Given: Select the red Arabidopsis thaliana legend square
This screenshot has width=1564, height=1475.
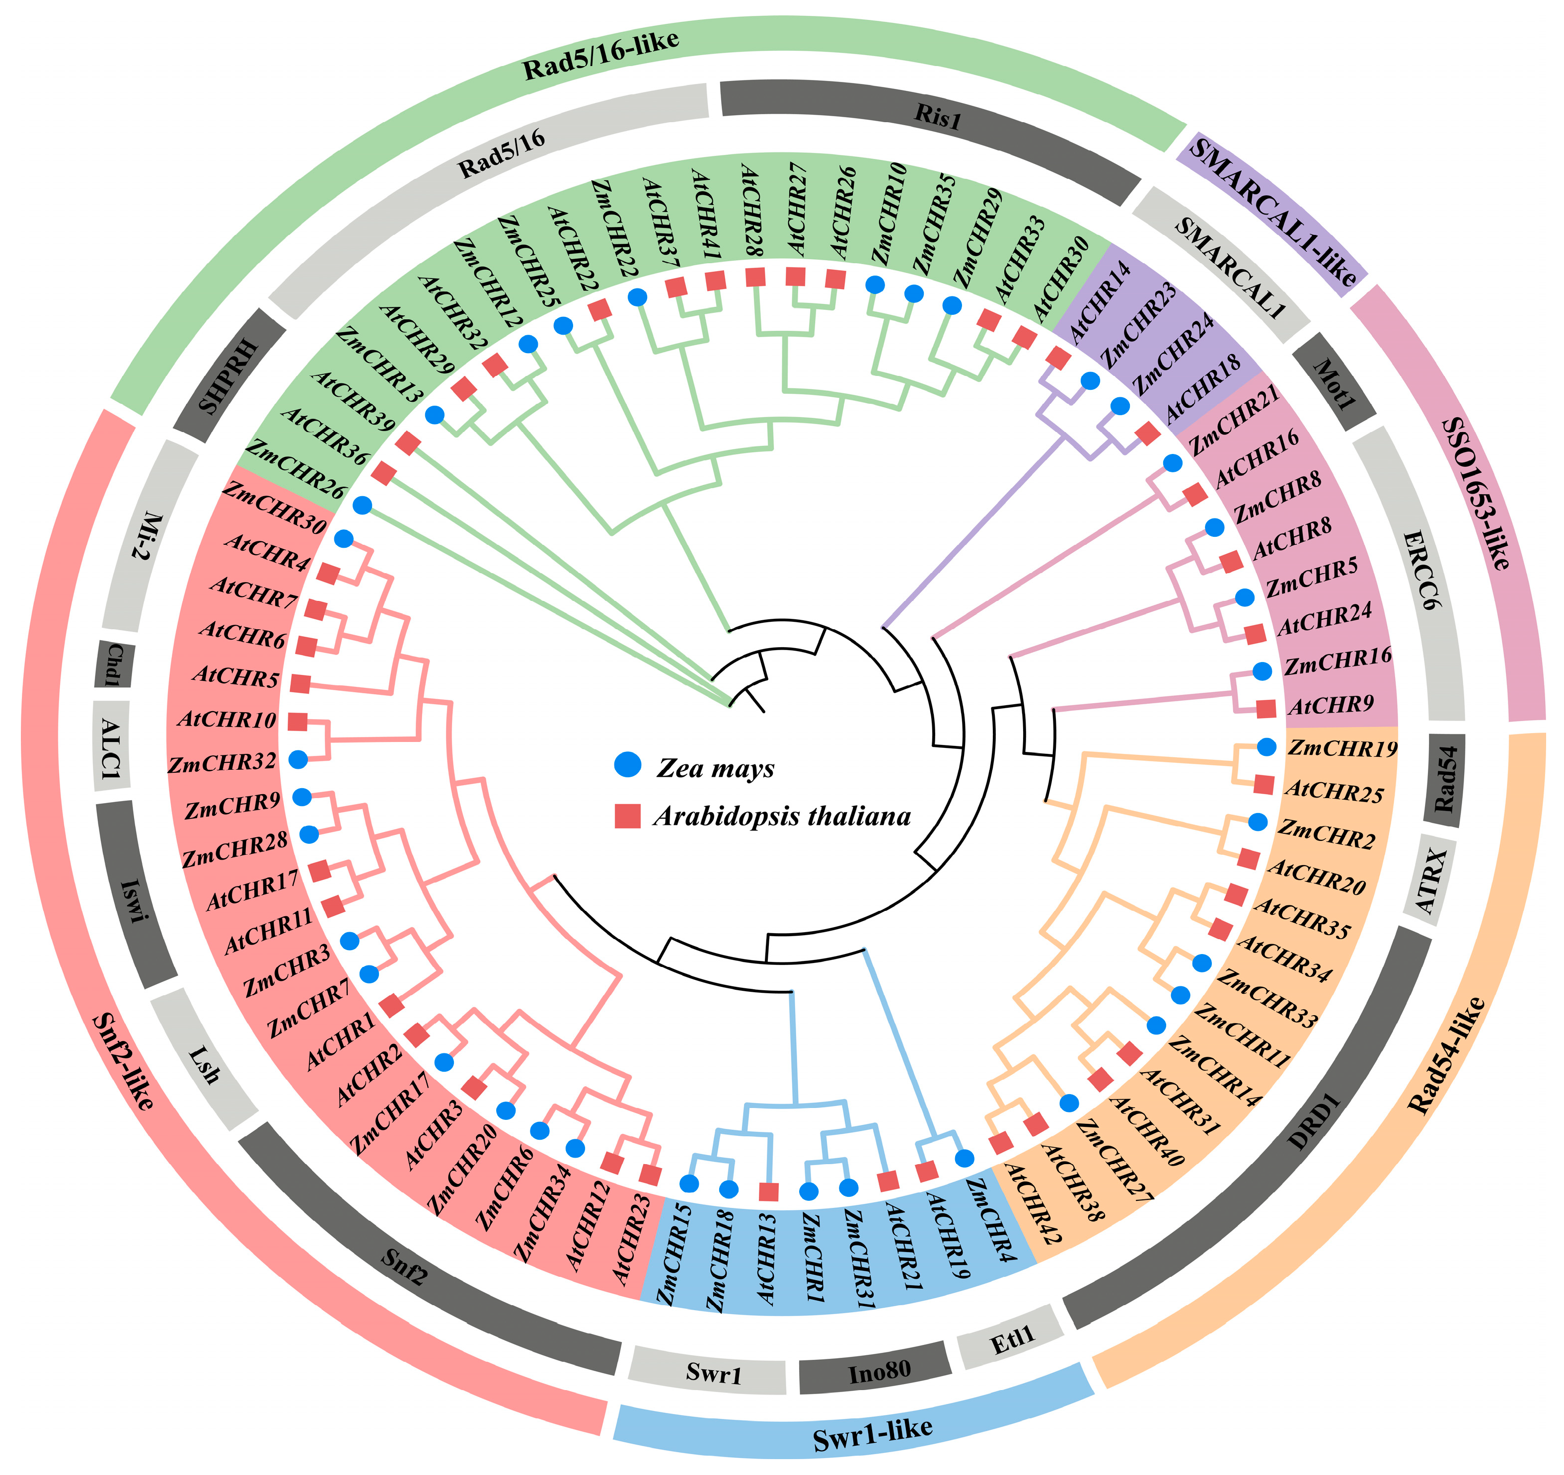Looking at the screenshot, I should (x=627, y=816).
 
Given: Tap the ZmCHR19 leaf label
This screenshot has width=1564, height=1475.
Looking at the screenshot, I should (x=1342, y=748).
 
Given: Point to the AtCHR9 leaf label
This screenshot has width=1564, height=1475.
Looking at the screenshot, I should (x=1331, y=705).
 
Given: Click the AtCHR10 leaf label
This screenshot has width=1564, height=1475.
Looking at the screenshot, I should (x=227, y=719).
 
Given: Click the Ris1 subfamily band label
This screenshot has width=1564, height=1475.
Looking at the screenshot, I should (x=937, y=116).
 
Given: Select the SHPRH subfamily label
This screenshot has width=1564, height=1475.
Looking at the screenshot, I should (x=228, y=376).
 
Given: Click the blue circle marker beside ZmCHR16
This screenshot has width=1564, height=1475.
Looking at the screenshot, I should (x=1262, y=671).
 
